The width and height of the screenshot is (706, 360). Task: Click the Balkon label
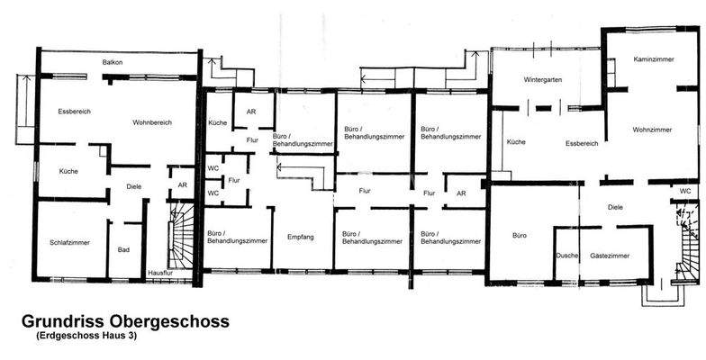[x=113, y=63]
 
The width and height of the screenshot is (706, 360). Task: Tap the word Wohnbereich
[x=152, y=122]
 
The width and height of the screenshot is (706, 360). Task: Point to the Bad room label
[x=124, y=250]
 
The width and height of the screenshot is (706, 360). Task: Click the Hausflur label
[x=160, y=273]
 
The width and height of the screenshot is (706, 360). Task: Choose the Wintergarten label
[x=543, y=80]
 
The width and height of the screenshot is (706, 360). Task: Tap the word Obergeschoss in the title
[x=175, y=320]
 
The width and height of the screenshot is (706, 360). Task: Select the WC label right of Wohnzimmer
[x=685, y=191]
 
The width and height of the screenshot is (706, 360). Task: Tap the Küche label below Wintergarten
[x=515, y=142]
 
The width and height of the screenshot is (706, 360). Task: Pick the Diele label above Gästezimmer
[x=615, y=207]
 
